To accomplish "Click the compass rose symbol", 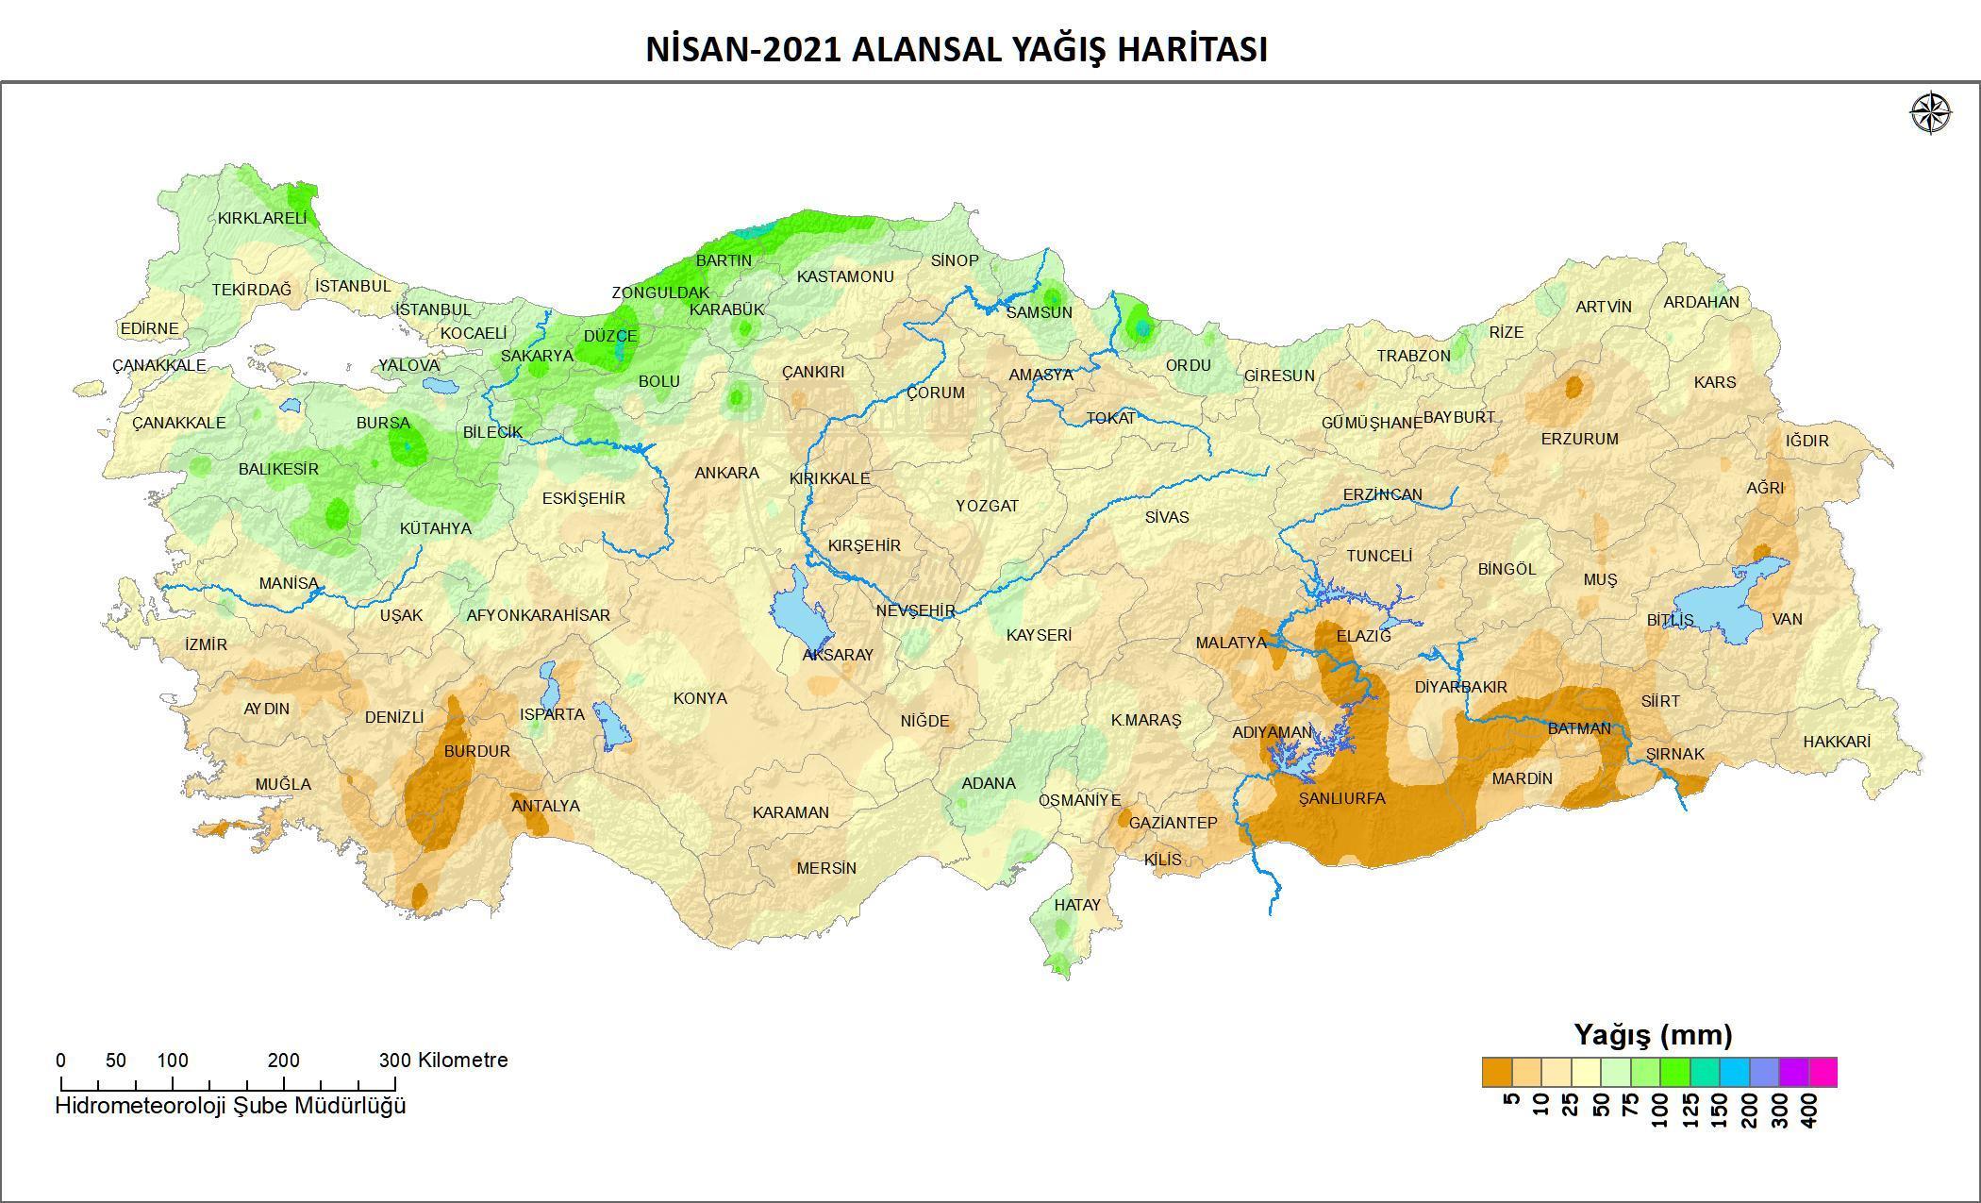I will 1931,113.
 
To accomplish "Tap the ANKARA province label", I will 726,473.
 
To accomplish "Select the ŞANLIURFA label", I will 1341,798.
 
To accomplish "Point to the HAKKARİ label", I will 1836,742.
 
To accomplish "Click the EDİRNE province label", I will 149,328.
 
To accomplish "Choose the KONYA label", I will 700,698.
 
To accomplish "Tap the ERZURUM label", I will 1579,439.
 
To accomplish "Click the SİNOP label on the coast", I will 954,260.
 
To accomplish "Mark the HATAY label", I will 1077,905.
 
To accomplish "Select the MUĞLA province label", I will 282,784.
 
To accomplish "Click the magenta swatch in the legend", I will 1823,1073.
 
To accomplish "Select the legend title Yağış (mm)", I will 1653,1035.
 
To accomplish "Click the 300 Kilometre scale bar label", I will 443,1060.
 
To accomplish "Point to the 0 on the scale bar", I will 61,1060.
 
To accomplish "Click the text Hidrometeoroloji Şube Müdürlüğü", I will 230,1105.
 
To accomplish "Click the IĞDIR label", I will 1806,441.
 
